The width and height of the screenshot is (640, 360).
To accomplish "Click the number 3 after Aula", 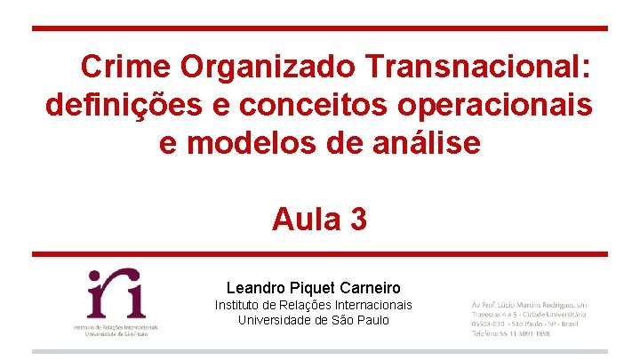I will tap(358, 219).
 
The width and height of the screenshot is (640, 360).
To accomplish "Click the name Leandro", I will tap(255, 288).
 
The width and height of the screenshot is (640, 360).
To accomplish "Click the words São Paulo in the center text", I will tap(364, 320).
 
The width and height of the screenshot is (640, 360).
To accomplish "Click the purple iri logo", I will tap(116, 294).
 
